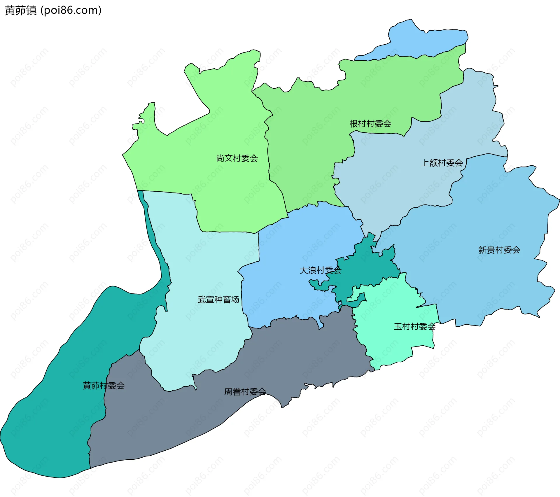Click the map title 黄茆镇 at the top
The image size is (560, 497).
coord(20,10)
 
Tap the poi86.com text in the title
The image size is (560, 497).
coord(71,10)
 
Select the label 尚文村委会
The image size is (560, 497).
coord(237,158)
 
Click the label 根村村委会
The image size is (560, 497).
coord(370,124)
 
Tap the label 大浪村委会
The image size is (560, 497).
coord(320,270)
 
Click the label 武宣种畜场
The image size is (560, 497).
coord(218,300)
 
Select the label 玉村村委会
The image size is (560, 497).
coord(414,326)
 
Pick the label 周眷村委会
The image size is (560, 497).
coord(245,392)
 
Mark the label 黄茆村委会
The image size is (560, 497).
coord(104,386)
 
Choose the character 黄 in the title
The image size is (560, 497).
coord(9,10)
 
